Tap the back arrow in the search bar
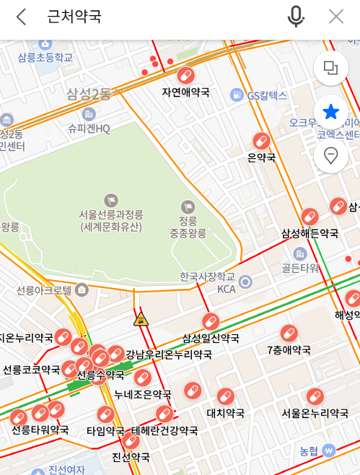21,17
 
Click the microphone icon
296,17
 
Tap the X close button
336,17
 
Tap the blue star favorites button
331,112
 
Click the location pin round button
331,155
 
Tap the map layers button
331,69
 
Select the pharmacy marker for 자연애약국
186,75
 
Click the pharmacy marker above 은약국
261,140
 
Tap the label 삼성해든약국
309,233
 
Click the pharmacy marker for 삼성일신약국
211,321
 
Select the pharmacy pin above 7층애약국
289,334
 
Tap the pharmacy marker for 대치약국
226,397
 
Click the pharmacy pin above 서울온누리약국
315,396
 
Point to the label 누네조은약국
143,394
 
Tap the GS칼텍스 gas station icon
236,95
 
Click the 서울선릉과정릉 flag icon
111,199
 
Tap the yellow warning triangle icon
141,319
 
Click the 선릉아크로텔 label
44,290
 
